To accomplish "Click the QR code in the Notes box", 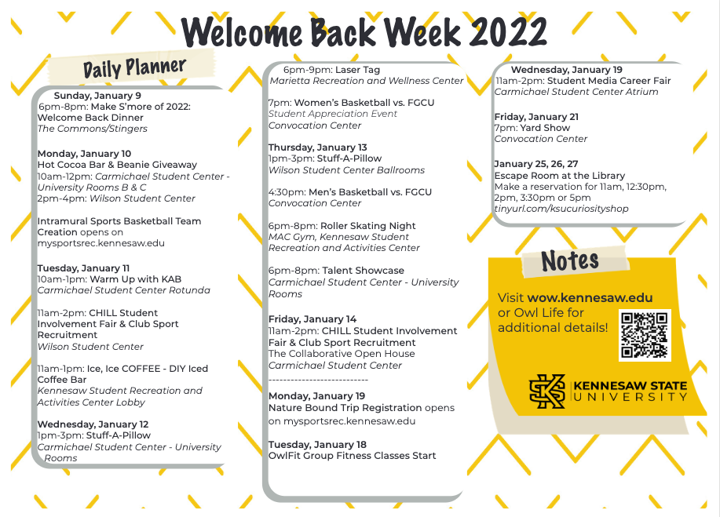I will [x=644, y=335].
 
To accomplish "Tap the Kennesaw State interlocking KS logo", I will [x=547, y=391].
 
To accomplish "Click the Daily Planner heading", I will [x=134, y=67].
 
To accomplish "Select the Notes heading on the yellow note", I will [x=570, y=260].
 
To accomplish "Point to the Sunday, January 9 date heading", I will [x=97, y=96].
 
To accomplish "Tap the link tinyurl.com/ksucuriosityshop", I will [x=561, y=209].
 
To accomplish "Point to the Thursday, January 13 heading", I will [x=317, y=147].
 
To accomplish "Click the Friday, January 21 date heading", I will [x=536, y=117].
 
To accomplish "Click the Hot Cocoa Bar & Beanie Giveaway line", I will [x=117, y=165].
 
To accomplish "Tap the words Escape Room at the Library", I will [x=559, y=176].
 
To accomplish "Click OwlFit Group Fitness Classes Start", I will [x=352, y=456].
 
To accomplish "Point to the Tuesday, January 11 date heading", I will [x=83, y=268].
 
